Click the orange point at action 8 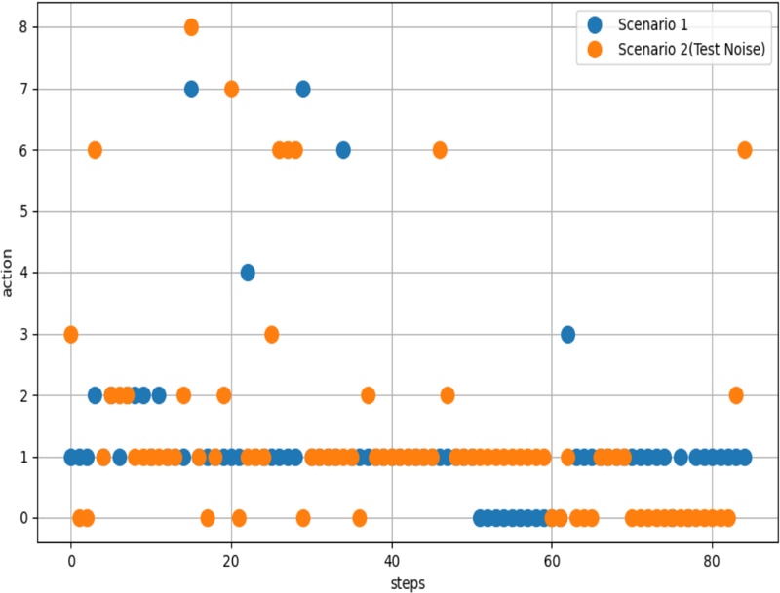[x=191, y=27]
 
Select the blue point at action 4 [x=248, y=273]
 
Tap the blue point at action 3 [x=567, y=334]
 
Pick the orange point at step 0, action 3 [x=71, y=334]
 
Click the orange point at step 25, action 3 [x=271, y=334]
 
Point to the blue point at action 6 [x=343, y=150]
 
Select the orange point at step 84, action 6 [x=744, y=150]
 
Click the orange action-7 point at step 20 [x=231, y=89]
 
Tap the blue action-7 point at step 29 [x=303, y=89]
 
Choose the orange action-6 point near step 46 [x=440, y=150]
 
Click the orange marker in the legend [x=596, y=49]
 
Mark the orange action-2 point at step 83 [x=736, y=395]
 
